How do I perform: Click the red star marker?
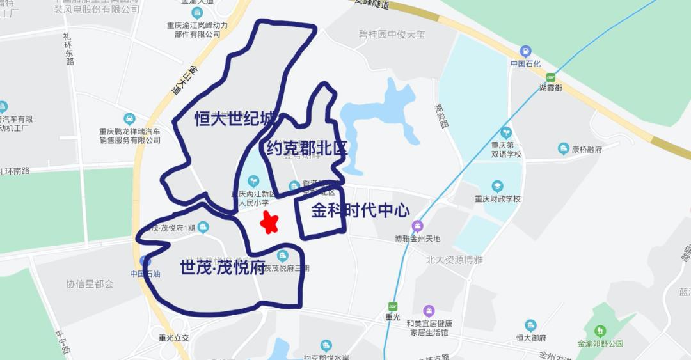[x=269, y=223]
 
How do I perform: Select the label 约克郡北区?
[x=306, y=149]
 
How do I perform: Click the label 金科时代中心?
[x=360, y=211]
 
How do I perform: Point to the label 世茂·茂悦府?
[x=222, y=266]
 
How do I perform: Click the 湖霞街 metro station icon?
[x=550, y=77]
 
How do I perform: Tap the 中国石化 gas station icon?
[x=525, y=51]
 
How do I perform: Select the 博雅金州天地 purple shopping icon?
[x=417, y=226]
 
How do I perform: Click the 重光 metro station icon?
[x=392, y=306]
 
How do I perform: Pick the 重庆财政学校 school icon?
[x=497, y=186]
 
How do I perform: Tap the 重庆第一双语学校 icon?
[x=506, y=132]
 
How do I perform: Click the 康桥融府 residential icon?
[x=564, y=149]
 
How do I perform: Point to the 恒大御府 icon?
[x=530, y=325]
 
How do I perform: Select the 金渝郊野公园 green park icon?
[x=600, y=331]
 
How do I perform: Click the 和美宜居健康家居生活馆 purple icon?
[x=428, y=311]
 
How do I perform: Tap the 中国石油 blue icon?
[x=145, y=261]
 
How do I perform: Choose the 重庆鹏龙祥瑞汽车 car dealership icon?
[x=130, y=119]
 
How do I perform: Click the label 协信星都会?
[x=90, y=283]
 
